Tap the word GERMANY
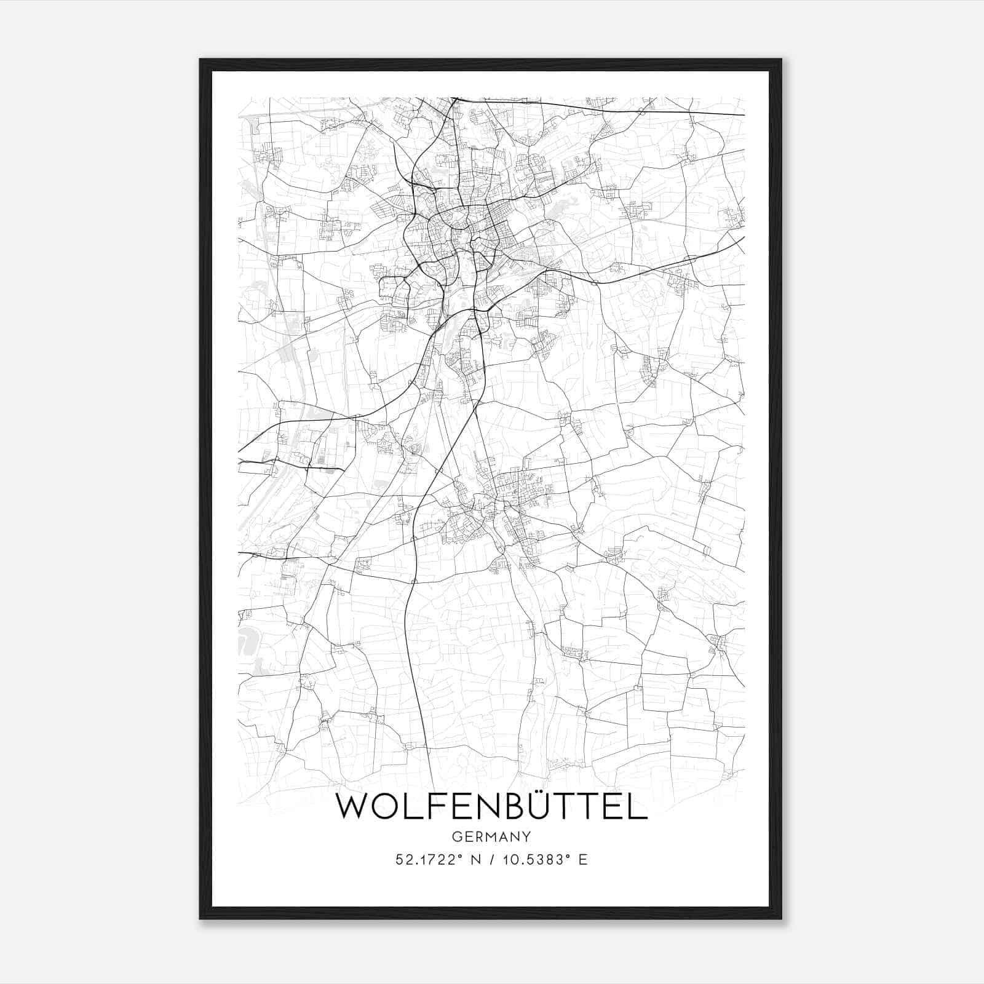491,837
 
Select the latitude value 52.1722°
429,860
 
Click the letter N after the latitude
475,860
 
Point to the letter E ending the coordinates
583,860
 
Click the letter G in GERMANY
456,837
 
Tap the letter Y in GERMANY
526,837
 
